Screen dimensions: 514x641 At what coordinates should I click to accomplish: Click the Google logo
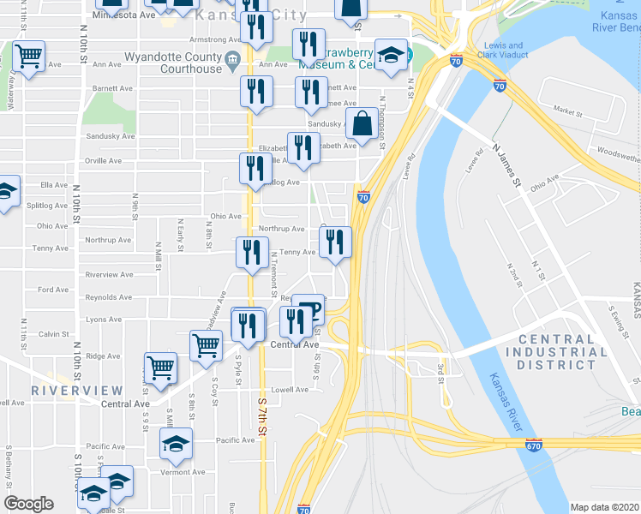click(29, 504)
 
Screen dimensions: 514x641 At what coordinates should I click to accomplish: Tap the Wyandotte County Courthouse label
click(173, 63)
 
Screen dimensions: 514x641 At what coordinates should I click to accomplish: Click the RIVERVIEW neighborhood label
click(65, 390)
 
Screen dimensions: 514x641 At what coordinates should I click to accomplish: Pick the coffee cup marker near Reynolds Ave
click(309, 310)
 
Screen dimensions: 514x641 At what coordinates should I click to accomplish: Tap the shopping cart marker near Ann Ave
click(29, 58)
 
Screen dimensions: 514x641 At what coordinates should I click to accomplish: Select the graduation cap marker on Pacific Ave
click(176, 443)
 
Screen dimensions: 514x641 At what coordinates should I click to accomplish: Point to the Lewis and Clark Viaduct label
click(503, 50)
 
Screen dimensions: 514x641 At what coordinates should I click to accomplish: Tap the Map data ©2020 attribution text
click(605, 507)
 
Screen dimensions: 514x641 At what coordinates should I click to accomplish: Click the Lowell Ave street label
click(290, 389)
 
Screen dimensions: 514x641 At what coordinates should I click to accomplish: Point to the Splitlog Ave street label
click(47, 206)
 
